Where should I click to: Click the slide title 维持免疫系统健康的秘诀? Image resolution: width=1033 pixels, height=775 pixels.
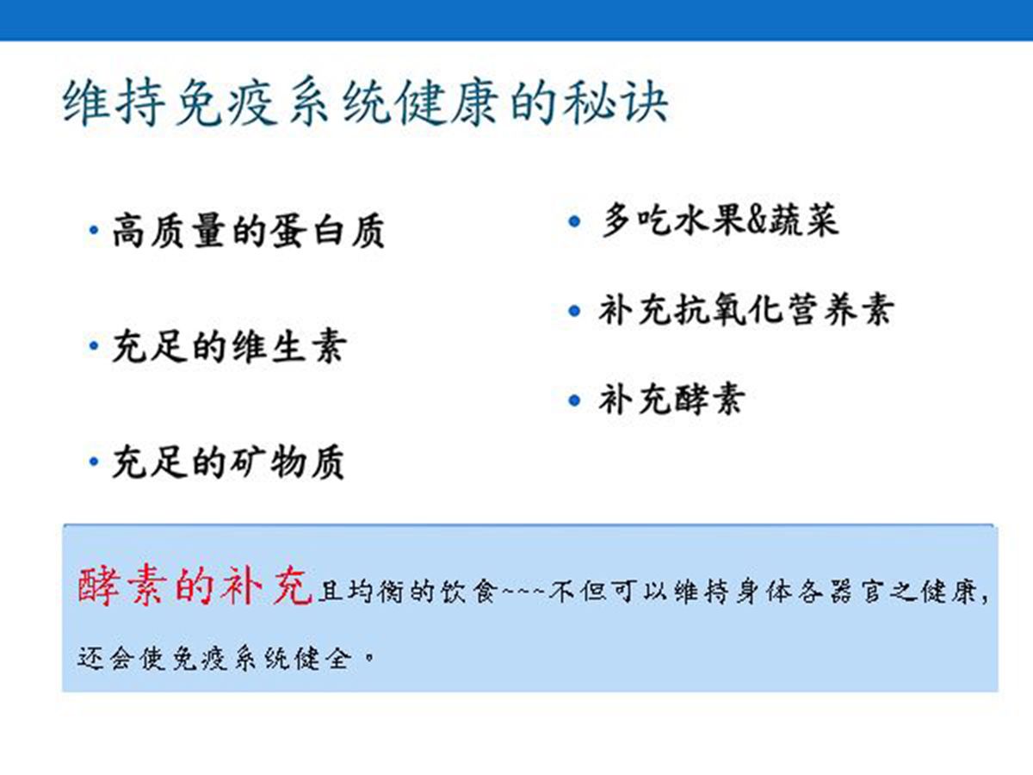[x=365, y=102]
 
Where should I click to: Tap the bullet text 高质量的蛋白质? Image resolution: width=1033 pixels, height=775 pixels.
[x=249, y=231]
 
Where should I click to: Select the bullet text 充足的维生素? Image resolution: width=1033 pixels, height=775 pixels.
[x=230, y=346]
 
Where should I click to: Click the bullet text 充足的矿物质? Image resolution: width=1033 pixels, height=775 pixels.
[x=228, y=462]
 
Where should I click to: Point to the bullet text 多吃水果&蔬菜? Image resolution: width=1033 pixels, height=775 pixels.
[x=721, y=220]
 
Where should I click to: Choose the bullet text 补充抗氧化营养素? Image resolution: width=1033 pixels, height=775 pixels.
[x=746, y=310]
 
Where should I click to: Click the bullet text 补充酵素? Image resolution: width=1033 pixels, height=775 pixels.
[x=672, y=400]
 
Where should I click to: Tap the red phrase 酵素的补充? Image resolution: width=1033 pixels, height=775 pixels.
[x=195, y=586]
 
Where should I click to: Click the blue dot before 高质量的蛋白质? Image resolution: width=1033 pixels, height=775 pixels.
[x=94, y=230]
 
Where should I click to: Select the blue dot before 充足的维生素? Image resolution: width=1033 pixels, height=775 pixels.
[x=94, y=346]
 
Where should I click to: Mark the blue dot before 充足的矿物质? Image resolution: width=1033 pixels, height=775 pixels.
[x=94, y=462]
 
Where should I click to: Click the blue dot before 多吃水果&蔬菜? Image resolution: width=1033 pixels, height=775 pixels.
[x=574, y=220]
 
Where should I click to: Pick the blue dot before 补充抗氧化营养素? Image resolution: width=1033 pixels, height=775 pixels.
[x=574, y=311]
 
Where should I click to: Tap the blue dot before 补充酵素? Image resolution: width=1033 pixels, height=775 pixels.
[x=574, y=400]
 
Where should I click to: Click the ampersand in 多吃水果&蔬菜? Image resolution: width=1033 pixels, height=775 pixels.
[x=757, y=221]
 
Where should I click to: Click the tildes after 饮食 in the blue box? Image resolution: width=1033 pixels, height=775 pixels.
[x=523, y=590]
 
